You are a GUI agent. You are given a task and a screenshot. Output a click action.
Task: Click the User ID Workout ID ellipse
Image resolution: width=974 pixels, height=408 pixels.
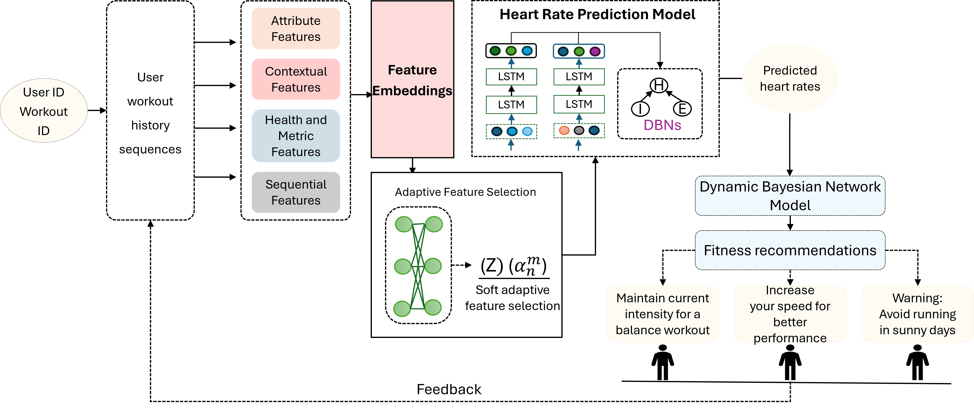pyautogui.click(x=43, y=111)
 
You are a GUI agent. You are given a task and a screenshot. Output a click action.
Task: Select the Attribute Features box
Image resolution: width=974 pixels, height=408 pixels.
pyautogui.click(x=296, y=29)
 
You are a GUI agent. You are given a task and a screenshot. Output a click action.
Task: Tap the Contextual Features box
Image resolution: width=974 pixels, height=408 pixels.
pyautogui.click(x=296, y=79)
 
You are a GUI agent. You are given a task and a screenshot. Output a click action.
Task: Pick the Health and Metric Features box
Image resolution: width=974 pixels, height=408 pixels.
pyautogui.click(x=296, y=136)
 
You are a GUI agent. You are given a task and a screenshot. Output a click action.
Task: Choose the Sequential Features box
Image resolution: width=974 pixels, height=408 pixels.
pyautogui.click(x=296, y=192)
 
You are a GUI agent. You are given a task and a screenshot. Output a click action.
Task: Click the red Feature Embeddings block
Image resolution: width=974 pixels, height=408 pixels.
pyautogui.click(x=412, y=79)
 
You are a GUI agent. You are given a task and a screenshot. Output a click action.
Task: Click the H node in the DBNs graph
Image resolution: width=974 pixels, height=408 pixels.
pyautogui.click(x=659, y=85)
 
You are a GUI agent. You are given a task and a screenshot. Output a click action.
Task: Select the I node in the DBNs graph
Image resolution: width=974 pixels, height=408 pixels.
pyautogui.click(x=640, y=109)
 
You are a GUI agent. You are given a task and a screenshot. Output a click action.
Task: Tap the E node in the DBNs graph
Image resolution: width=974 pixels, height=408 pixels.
pyautogui.click(x=682, y=109)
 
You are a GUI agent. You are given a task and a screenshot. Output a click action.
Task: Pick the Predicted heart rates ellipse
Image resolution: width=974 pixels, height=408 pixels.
pyautogui.click(x=790, y=79)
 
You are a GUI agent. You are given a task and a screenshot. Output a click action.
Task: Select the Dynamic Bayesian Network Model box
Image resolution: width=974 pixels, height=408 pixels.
pyautogui.click(x=790, y=196)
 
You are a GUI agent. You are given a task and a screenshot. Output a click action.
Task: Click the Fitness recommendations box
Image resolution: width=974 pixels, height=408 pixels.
pyautogui.click(x=790, y=250)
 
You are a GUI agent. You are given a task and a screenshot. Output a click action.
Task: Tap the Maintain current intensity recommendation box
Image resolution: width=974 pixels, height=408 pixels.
pyautogui.click(x=663, y=314)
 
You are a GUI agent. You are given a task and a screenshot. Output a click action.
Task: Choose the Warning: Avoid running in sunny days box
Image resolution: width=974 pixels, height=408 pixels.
pyautogui.click(x=917, y=314)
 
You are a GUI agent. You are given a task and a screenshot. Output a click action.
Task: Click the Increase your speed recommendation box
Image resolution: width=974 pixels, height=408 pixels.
pyautogui.click(x=790, y=314)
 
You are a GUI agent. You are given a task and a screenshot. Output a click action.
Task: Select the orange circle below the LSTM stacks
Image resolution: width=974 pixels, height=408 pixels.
pyautogui.click(x=564, y=131)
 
